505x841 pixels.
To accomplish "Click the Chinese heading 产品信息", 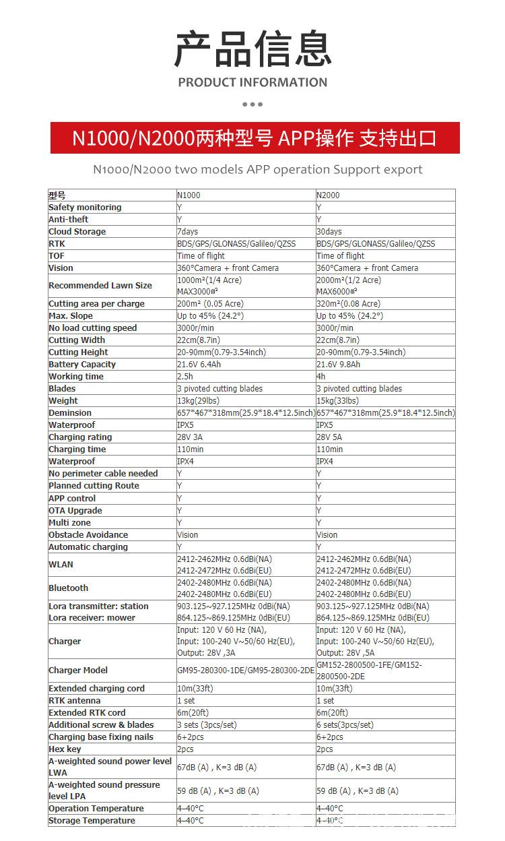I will pos(252,49).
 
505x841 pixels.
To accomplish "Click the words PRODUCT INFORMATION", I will pos(252,83).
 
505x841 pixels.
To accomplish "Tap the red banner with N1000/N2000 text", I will pos(255,138).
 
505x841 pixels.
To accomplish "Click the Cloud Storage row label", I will pos(77,232).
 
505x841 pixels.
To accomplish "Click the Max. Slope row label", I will pos(71,316).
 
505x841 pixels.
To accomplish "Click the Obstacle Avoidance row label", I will pos(88,535).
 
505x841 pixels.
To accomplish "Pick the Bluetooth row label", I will pos(68,588).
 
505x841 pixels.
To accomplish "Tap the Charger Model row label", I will pos(78,671).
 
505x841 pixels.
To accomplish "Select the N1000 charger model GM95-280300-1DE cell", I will pos(246,671).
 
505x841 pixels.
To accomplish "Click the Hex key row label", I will pos(65,749).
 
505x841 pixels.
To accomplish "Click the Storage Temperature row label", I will pos(92,821).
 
